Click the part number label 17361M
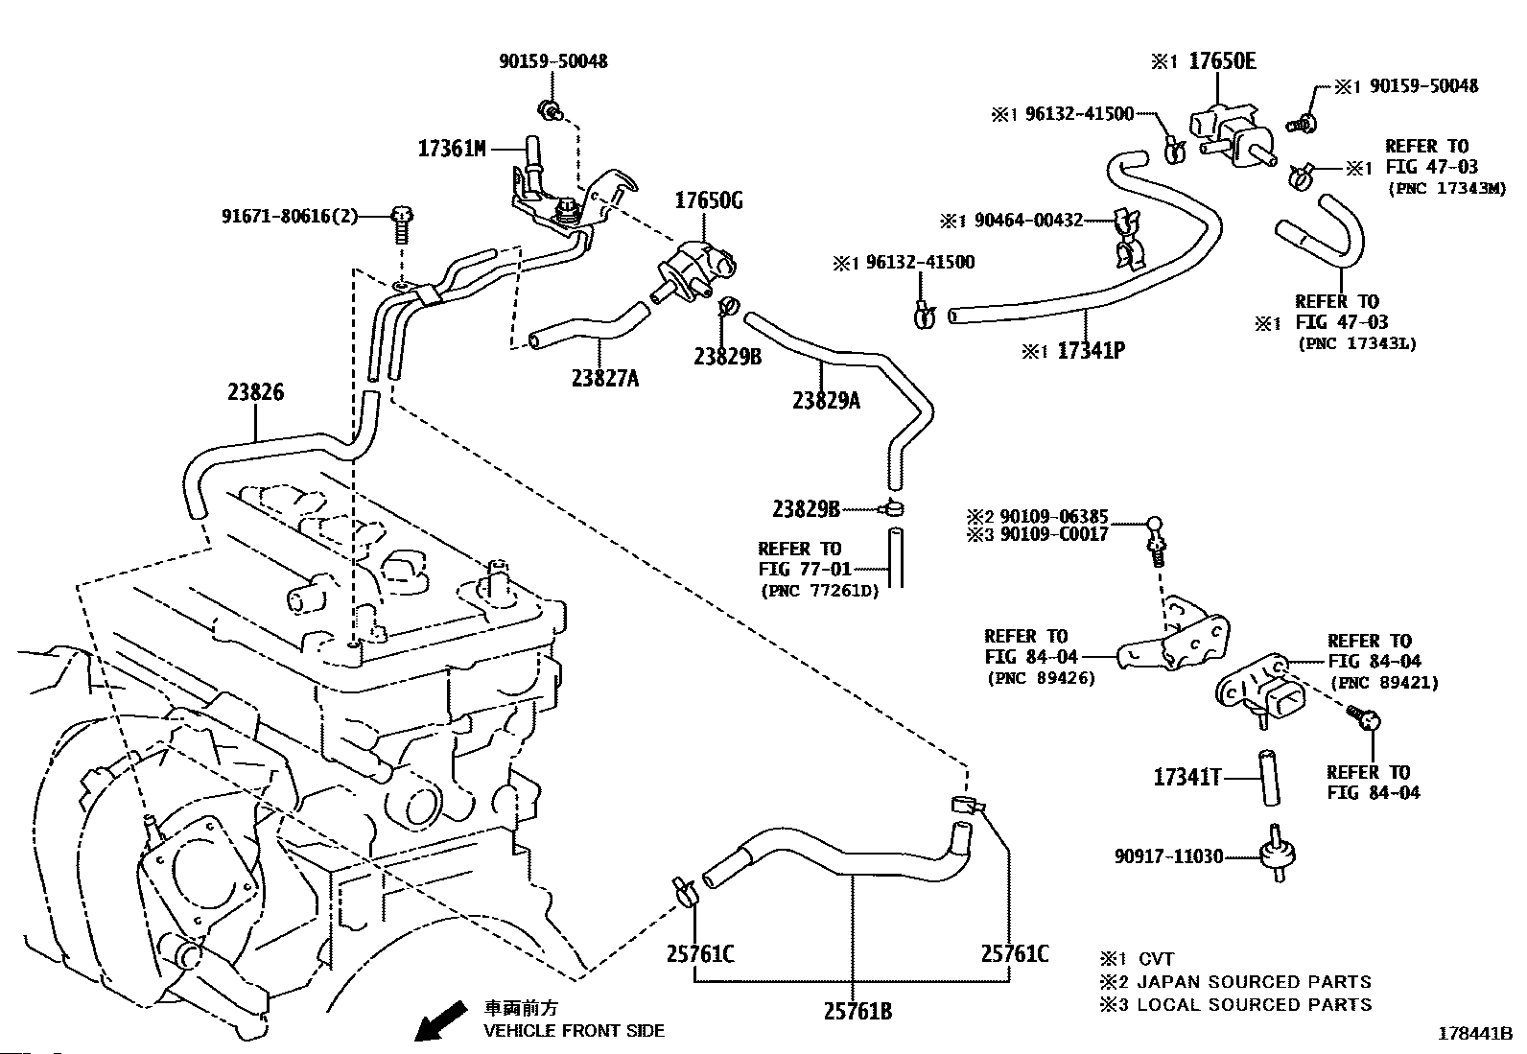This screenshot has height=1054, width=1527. pyautogui.click(x=452, y=149)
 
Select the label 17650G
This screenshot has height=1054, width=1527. pyautogui.click(x=708, y=200)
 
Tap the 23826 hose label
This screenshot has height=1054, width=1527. pyautogui.click(x=256, y=392)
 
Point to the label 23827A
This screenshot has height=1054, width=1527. pyautogui.click(x=605, y=378)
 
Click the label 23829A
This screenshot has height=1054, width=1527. pyautogui.click(x=826, y=400)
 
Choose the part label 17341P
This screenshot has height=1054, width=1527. pyautogui.click(x=1091, y=350)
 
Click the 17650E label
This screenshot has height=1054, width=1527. pyautogui.click(x=1222, y=60)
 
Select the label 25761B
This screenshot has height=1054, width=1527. pyautogui.click(x=857, y=1011)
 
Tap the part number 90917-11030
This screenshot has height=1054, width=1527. pyautogui.click(x=1169, y=856)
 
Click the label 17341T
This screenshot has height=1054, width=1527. pyautogui.click(x=1186, y=777)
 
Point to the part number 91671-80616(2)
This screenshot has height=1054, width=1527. pyautogui.click(x=290, y=216)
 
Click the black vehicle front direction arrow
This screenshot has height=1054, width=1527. pyautogui.click(x=441, y=1019)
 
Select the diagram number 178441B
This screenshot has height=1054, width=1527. pyautogui.click(x=1474, y=1034)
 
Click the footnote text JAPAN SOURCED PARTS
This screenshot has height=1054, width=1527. pyautogui.click(x=1255, y=982)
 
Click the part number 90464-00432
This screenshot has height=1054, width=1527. pyautogui.click(x=1028, y=221)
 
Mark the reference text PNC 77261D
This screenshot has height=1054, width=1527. pyautogui.click(x=820, y=591)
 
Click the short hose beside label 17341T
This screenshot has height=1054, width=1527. pyautogui.click(x=1269, y=778)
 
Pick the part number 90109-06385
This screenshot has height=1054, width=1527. pyautogui.click(x=1054, y=516)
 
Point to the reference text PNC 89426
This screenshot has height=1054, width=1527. pyautogui.click(x=1041, y=678)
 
